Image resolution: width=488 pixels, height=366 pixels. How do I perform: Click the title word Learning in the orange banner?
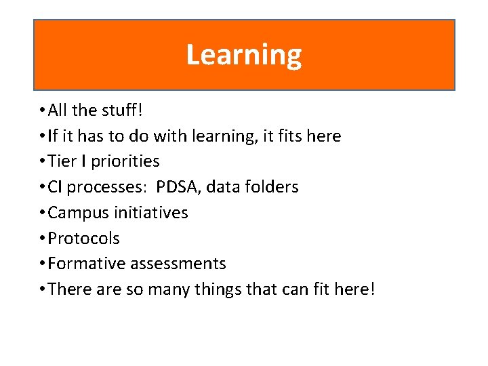244,55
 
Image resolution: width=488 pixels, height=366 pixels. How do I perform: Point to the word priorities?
125,162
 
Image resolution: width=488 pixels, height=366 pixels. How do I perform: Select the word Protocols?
84,239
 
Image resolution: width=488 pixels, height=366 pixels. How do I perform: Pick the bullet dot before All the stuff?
42,110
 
